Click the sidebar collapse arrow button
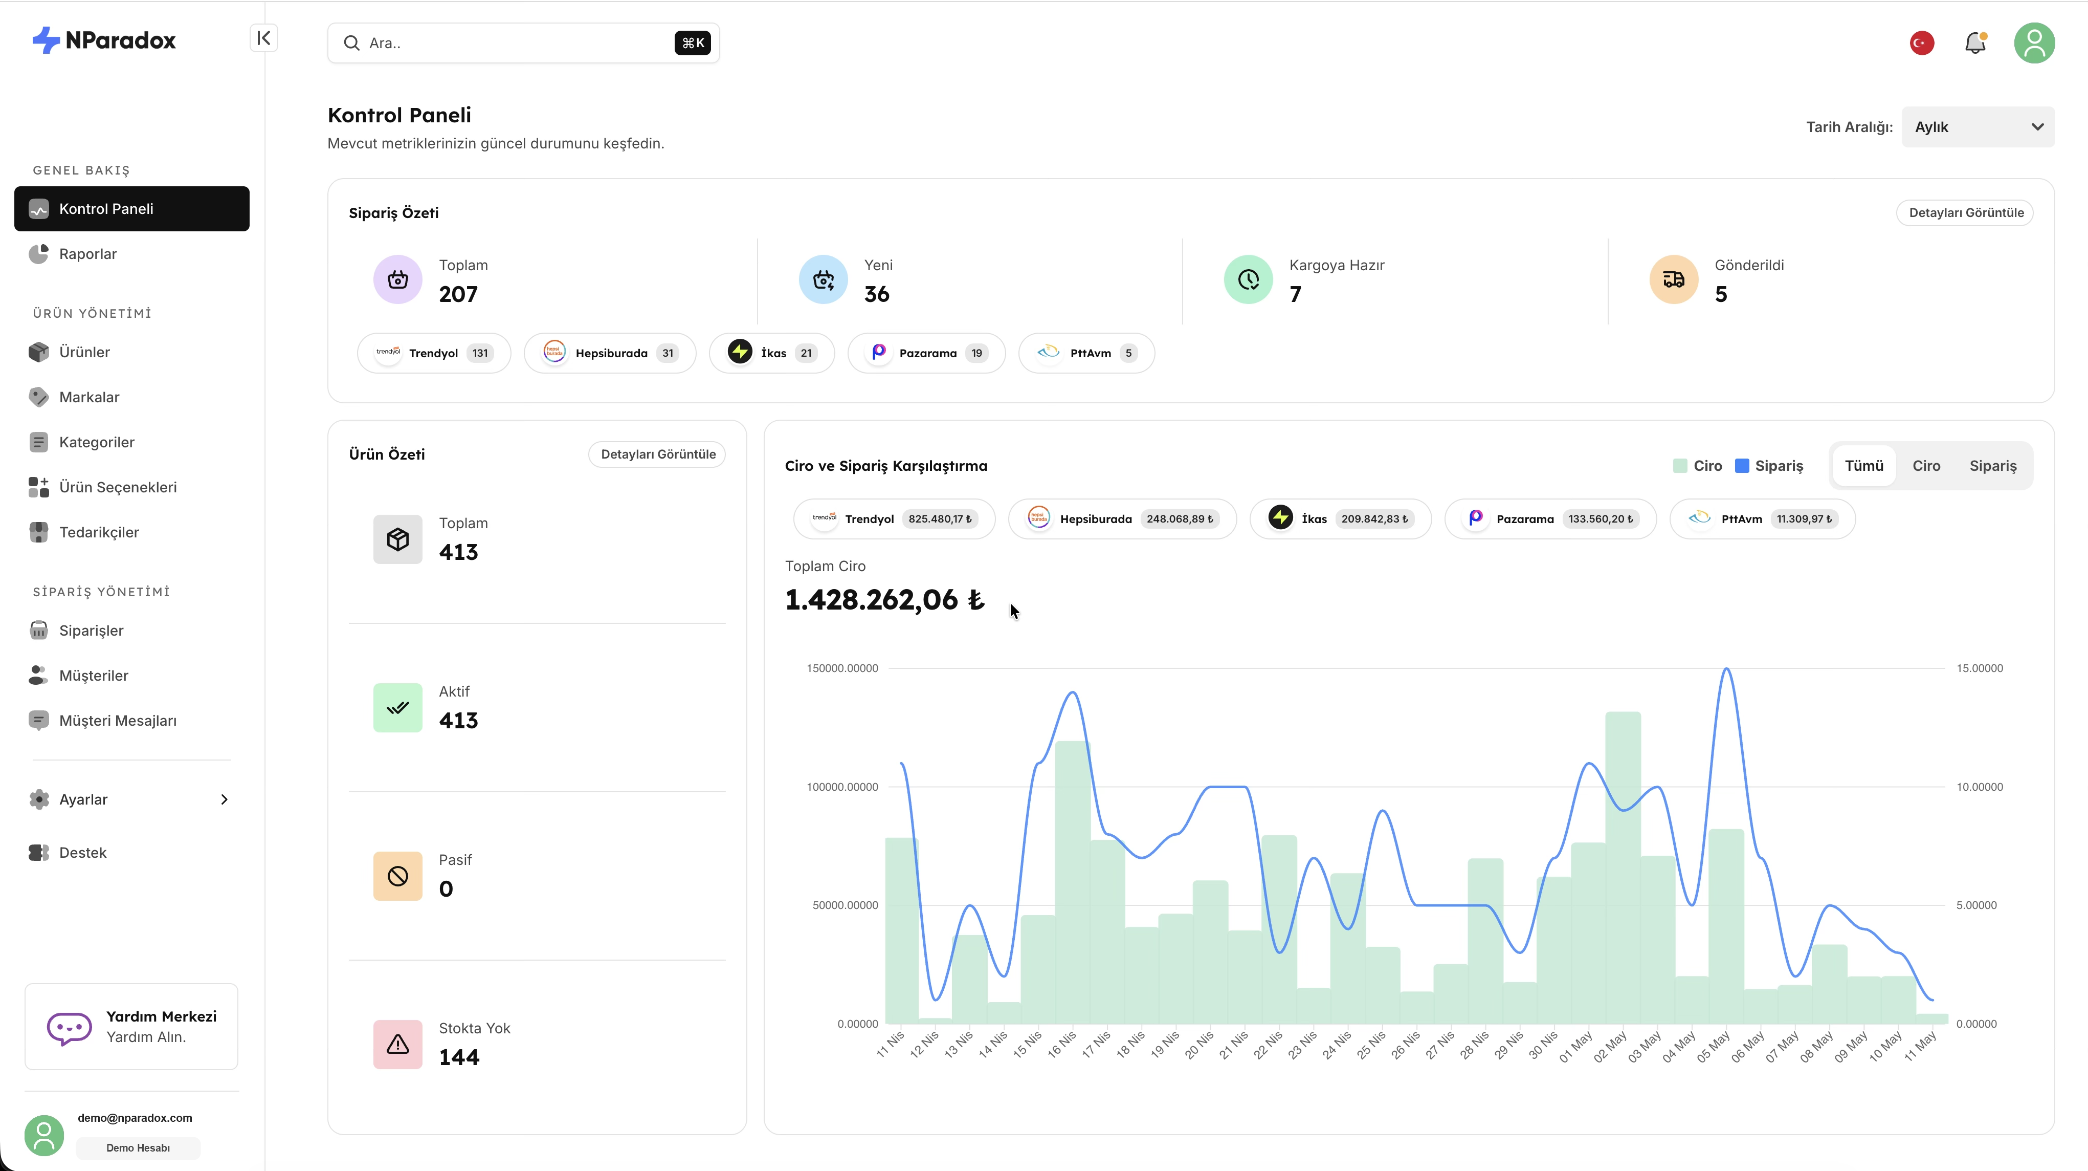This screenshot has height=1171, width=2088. click(x=263, y=38)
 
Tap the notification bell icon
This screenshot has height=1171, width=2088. click(x=1975, y=43)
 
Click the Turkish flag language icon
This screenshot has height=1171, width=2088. click(x=1922, y=43)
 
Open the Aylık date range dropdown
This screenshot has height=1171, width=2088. click(x=1978, y=127)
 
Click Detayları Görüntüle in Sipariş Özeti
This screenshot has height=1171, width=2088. click(x=1966, y=212)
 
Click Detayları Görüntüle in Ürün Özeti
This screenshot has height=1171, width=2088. click(x=657, y=454)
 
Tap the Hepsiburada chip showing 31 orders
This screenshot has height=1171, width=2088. click(x=610, y=353)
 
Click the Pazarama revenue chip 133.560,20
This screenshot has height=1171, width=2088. click(x=1550, y=519)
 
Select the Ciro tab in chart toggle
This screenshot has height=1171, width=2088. click(x=1926, y=465)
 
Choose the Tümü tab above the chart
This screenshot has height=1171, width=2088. click(x=1863, y=465)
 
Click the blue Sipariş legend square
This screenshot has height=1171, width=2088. click(x=1741, y=465)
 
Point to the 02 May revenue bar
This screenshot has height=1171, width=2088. click(x=1623, y=868)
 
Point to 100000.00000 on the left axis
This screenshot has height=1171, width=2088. click(x=841, y=787)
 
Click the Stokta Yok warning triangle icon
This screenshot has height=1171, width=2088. click(x=397, y=1045)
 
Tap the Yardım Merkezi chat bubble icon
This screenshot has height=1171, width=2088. click(x=69, y=1028)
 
